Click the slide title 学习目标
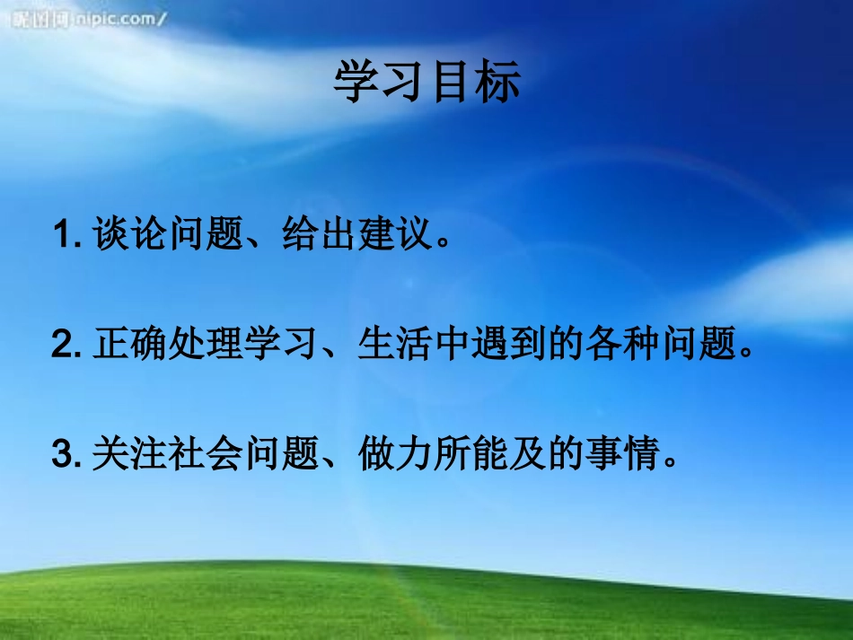click(x=427, y=83)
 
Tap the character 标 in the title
click(x=497, y=83)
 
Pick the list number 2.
click(x=63, y=346)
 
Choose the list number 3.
click(x=63, y=455)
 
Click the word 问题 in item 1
click(x=202, y=238)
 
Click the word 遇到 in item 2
click(x=505, y=346)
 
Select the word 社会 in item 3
click(x=202, y=455)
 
